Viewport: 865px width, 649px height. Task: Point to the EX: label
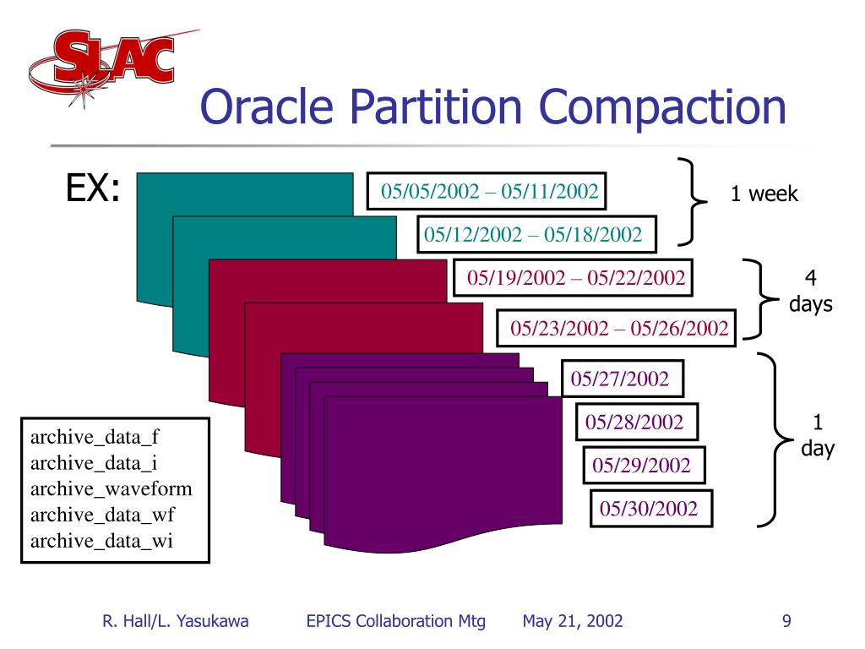[93, 190]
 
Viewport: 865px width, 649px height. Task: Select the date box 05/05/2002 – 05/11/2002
[489, 191]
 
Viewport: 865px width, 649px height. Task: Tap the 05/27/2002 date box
[620, 379]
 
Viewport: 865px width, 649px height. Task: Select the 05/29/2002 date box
[642, 465]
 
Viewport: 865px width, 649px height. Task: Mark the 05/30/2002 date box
[649, 509]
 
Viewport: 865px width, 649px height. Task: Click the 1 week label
[764, 194]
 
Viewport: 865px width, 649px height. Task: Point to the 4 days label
[810, 292]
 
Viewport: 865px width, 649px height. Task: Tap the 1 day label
[817, 435]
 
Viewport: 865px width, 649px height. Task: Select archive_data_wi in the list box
[101, 542]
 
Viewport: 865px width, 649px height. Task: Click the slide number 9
[786, 622]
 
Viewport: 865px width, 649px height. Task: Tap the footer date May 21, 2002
[573, 622]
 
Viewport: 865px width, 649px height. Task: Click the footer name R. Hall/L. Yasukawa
[176, 622]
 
